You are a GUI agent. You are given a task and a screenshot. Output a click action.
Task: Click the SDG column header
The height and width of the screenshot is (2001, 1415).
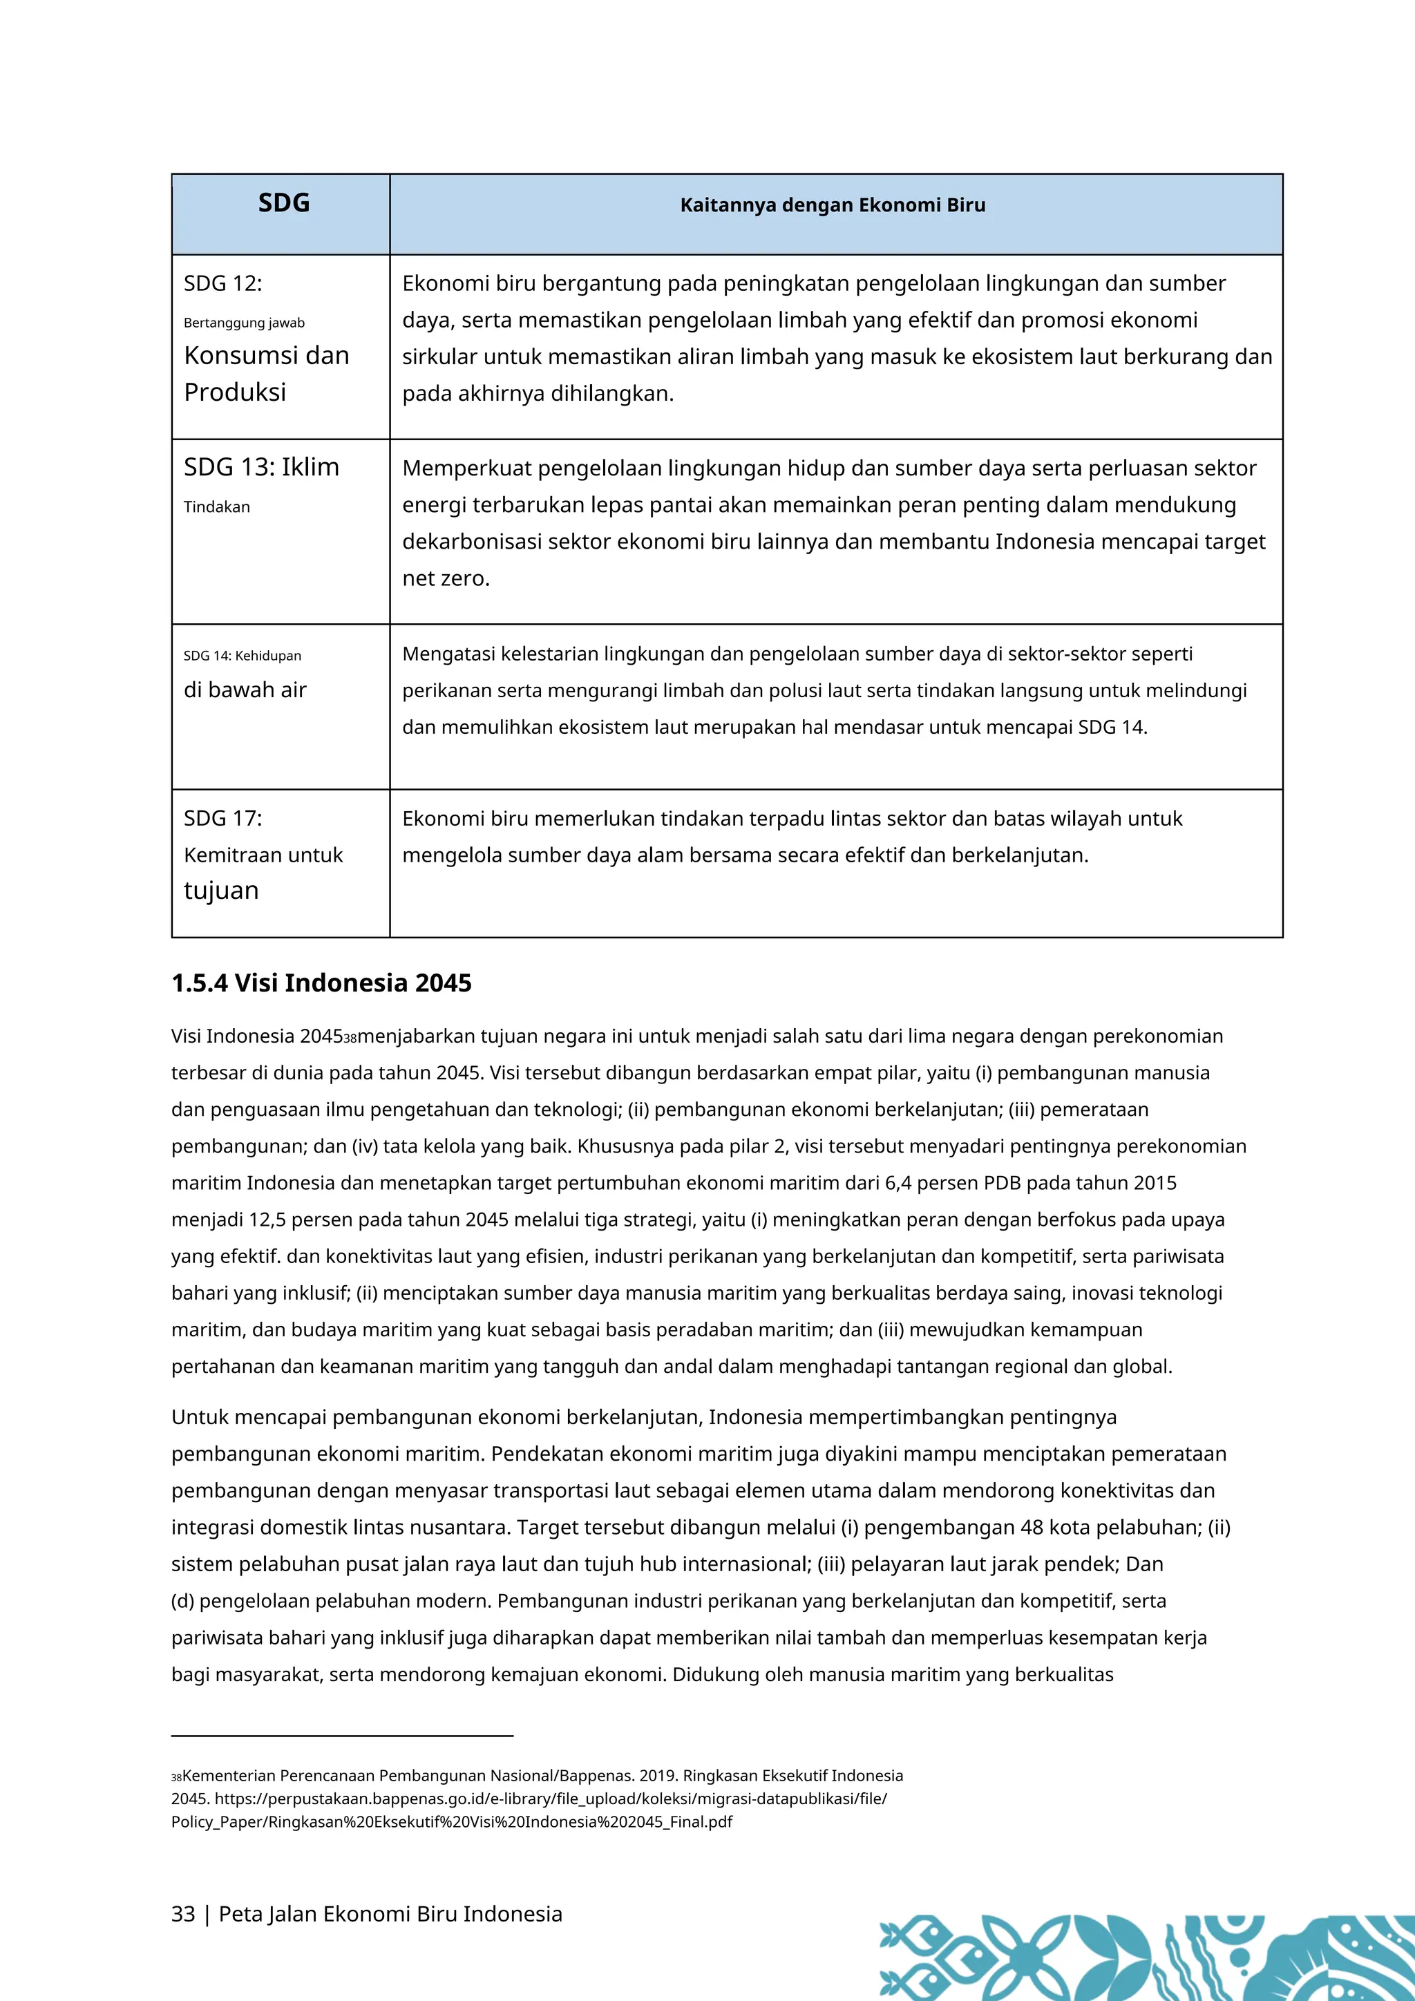click(284, 203)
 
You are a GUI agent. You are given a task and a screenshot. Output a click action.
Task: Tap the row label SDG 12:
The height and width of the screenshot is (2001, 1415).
click(222, 283)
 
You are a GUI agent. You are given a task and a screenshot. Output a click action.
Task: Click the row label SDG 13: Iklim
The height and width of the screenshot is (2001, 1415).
click(261, 467)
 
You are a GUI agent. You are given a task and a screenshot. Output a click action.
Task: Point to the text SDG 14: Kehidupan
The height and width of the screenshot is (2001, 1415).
click(243, 656)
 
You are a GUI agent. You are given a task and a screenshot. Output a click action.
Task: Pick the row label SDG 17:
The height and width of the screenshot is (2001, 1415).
click(222, 818)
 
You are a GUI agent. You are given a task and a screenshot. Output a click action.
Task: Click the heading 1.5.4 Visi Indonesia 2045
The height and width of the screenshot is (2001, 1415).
click(321, 983)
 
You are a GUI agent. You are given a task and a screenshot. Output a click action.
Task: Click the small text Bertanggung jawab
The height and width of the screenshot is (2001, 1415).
click(244, 323)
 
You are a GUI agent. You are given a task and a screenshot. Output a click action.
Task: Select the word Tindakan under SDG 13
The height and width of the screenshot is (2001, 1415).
click(217, 507)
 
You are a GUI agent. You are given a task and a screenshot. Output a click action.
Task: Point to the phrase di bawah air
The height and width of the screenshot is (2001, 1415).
click(245, 690)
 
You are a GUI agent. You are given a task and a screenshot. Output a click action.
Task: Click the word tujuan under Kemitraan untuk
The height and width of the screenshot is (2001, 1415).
click(221, 891)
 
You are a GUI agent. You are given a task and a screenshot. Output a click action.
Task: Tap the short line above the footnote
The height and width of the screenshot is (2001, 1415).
click(343, 1736)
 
